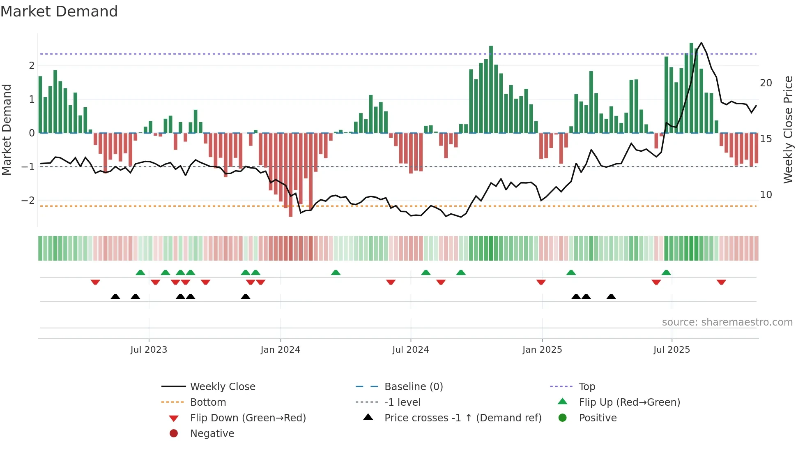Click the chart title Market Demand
tap(59, 12)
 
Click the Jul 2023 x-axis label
tap(149, 350)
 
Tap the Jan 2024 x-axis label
tap(281, 350)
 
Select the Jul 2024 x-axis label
tap(410, 350)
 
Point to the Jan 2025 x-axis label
tap(542, 350)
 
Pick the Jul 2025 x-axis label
tap(672, 350)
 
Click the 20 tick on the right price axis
tap(766, 83)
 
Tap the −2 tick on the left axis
tap(28, 201)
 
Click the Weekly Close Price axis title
tap(788, 129)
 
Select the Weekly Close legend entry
tap(223, 387)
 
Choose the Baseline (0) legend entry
tap(414, 387)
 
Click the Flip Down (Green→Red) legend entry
tap(248, 418)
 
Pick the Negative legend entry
tap(212, 434)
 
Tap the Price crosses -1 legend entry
tap(463, 418)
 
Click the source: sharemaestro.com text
tap(727, 322)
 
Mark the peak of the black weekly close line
tap(701, 43)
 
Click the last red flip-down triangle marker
tap(721, 282)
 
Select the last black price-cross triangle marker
tap(611, 296)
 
